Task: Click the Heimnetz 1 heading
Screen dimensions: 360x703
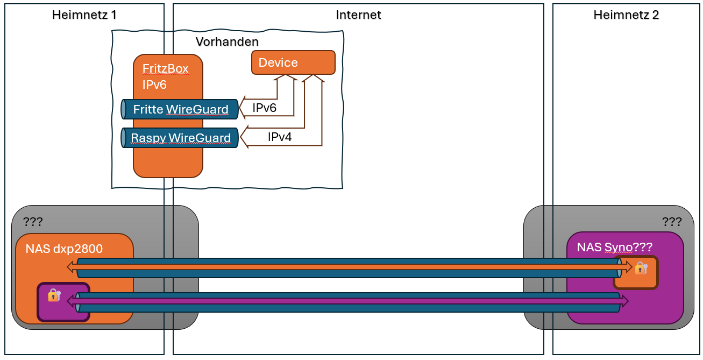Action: click(84, 15)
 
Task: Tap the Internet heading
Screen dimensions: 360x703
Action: click(358, 15)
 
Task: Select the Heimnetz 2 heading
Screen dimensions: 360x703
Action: click(626, 15)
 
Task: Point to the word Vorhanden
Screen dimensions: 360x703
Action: click(227, 42)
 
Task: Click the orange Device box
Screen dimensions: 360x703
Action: click(293, 62)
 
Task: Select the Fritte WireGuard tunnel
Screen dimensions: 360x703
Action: click(181, 110)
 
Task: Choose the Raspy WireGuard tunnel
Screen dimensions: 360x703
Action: click(181, 138)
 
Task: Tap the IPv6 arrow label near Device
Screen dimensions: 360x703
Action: click(264, 108)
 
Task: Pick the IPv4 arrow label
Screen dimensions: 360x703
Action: click(280, 137)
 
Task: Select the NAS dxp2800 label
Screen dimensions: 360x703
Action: click(64, 249)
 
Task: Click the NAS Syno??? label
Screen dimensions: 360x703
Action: click(615, 248)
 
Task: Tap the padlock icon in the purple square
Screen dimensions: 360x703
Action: click(54, 295)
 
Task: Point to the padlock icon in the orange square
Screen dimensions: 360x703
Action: click(641, 267)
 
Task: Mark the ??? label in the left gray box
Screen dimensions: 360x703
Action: click(33, 221)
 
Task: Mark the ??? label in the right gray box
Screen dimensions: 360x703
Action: click(672, 222)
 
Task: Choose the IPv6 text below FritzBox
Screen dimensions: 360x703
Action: click(155, 84)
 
